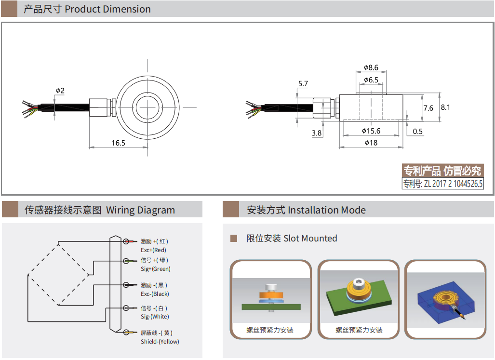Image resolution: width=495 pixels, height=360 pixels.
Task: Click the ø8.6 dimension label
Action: pyautogui.click(x=371, y=67)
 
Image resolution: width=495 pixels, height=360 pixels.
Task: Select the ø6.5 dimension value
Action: pyautogui.click(x=371, y=80)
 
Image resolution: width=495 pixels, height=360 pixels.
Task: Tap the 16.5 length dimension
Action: pyautogui.click(x=118, y=143)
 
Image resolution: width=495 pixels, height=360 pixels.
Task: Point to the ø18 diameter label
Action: pyautogui.click(x=371, y=143)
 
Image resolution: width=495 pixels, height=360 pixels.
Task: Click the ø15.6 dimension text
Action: pyautogui.click(x=371, y=131)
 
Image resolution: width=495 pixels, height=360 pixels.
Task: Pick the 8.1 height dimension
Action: pyautogui.click(x=445, y=107)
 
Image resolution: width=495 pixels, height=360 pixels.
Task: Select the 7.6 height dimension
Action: pyautogui.click(x=428, y=108)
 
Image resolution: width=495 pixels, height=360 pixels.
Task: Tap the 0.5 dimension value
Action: pyautogui.click(x=417, y=132)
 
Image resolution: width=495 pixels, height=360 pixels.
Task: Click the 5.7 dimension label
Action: pyautogui.click(x=303, y=84)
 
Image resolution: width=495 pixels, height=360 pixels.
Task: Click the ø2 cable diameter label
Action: pyautogui.click(x=60, y=90)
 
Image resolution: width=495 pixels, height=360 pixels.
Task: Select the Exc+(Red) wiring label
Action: pyautogui.click(x=153, y=250)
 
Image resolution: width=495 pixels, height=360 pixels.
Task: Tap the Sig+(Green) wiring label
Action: pyautogui.click(x=155, y=269)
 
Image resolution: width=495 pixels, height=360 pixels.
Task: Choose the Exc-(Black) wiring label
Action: pyautogui.click(x=155, y=294)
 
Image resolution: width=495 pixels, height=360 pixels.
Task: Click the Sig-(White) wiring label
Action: pyautogui.click(x=155, y=317)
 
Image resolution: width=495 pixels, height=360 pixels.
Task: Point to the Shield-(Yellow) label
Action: pyautogui.click(x=160, y=342)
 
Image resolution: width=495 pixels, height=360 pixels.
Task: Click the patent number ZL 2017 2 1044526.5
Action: pyautogui.click(x=442, y=184)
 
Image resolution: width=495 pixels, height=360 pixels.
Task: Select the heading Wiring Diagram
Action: pyautogui.click(x=140, y=210)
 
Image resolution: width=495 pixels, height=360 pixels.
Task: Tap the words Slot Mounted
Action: pyautogui.click(x=310, y=238)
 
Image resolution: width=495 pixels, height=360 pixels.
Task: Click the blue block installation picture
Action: pyautogui.click(x=445, y=299)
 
